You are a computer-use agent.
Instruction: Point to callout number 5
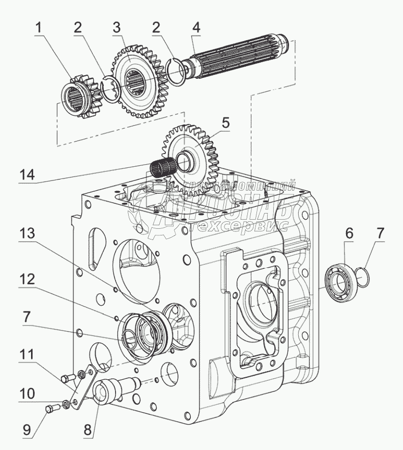pos(225,123)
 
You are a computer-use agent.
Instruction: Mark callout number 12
pos(28,280)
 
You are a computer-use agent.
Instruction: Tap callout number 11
pos(28,352)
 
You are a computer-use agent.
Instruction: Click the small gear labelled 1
pos(79,95)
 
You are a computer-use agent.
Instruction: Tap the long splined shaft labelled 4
pos(239,56)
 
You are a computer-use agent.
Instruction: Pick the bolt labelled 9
pos(49,408)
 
